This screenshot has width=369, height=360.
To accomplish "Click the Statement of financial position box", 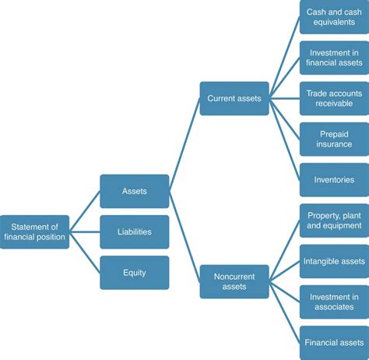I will click(x=34, y=231).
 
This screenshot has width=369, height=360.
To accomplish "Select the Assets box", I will click(x=134, y=191).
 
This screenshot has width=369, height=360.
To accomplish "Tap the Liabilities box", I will click(x=134, y=231).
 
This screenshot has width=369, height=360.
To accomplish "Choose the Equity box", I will click(x=134, y=273).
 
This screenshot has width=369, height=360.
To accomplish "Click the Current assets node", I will click(x=234, y=98).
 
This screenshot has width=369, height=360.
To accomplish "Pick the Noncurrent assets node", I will click(x=234, y=281).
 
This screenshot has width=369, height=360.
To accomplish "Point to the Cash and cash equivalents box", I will click(x=332, y=17).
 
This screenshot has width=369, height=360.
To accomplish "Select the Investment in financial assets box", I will click(x=332, y=58).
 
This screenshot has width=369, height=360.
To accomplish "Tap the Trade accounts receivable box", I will click(x=332, y=98).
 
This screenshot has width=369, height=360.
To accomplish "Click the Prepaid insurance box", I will click(x=332, y=139).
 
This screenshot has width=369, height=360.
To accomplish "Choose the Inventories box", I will click(x=332, y=179).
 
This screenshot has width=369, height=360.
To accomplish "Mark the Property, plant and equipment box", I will click(x=332, y=221).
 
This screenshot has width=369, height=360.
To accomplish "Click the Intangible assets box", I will click(x=332, y=261).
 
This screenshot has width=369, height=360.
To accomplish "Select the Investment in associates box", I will click(x=332, y=302).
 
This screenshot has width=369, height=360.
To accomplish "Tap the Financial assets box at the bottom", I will click(x=332, y=342).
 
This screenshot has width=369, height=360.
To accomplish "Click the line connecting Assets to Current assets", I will click(x=184, y=145).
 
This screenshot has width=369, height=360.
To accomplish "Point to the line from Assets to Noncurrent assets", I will click(x=184, y=236).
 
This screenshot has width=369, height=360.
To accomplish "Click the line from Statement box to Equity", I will click(x=84, y=252).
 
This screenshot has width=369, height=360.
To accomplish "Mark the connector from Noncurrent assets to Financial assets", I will click(x=284, y=312).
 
